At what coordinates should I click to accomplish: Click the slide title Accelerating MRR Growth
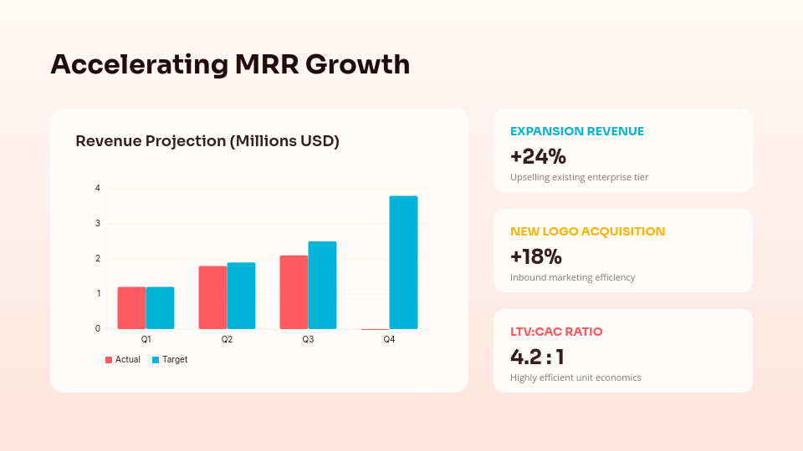pyautogui.click(x=230, y=64)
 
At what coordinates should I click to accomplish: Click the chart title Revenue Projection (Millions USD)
pyautogui.click(x=207, y=141)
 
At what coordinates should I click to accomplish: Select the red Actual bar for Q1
pyautogui.click(x=131, y=308)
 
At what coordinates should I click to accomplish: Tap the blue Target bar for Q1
pyautogui.click(x=160, y=308)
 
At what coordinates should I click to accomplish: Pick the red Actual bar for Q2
pyautogui.click(x=212, y=297)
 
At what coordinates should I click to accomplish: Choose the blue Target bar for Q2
pyautogui.click(x=241, y=296)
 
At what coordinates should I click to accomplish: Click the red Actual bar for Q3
pyautogui.click(x=294, y=292)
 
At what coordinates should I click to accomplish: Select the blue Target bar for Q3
pyautogui.click(x=322, y=286)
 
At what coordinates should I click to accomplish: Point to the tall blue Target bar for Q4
pyautogui.click(x=403, y=262)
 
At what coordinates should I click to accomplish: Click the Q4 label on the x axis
pyautogui.click(x=389, y=340)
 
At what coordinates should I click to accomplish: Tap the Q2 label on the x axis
pyautogui.click(x=227, y=340)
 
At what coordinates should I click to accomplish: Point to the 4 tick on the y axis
pyautogui.click(x=98, y=189)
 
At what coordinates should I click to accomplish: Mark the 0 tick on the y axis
pyautogui.click(x=98, y=329)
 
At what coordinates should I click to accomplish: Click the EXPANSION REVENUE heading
pyautogui.click(x=577, y=131)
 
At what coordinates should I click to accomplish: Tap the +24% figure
pyautogui.click(x=538, y=156)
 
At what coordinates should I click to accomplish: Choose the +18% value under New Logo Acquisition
pyautogui.click(x=536, y=256)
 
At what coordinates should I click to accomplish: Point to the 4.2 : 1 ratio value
pyautogui.click(x=537, y=357)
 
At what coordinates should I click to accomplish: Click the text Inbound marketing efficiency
pyautogui.click(x=572, y=277)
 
